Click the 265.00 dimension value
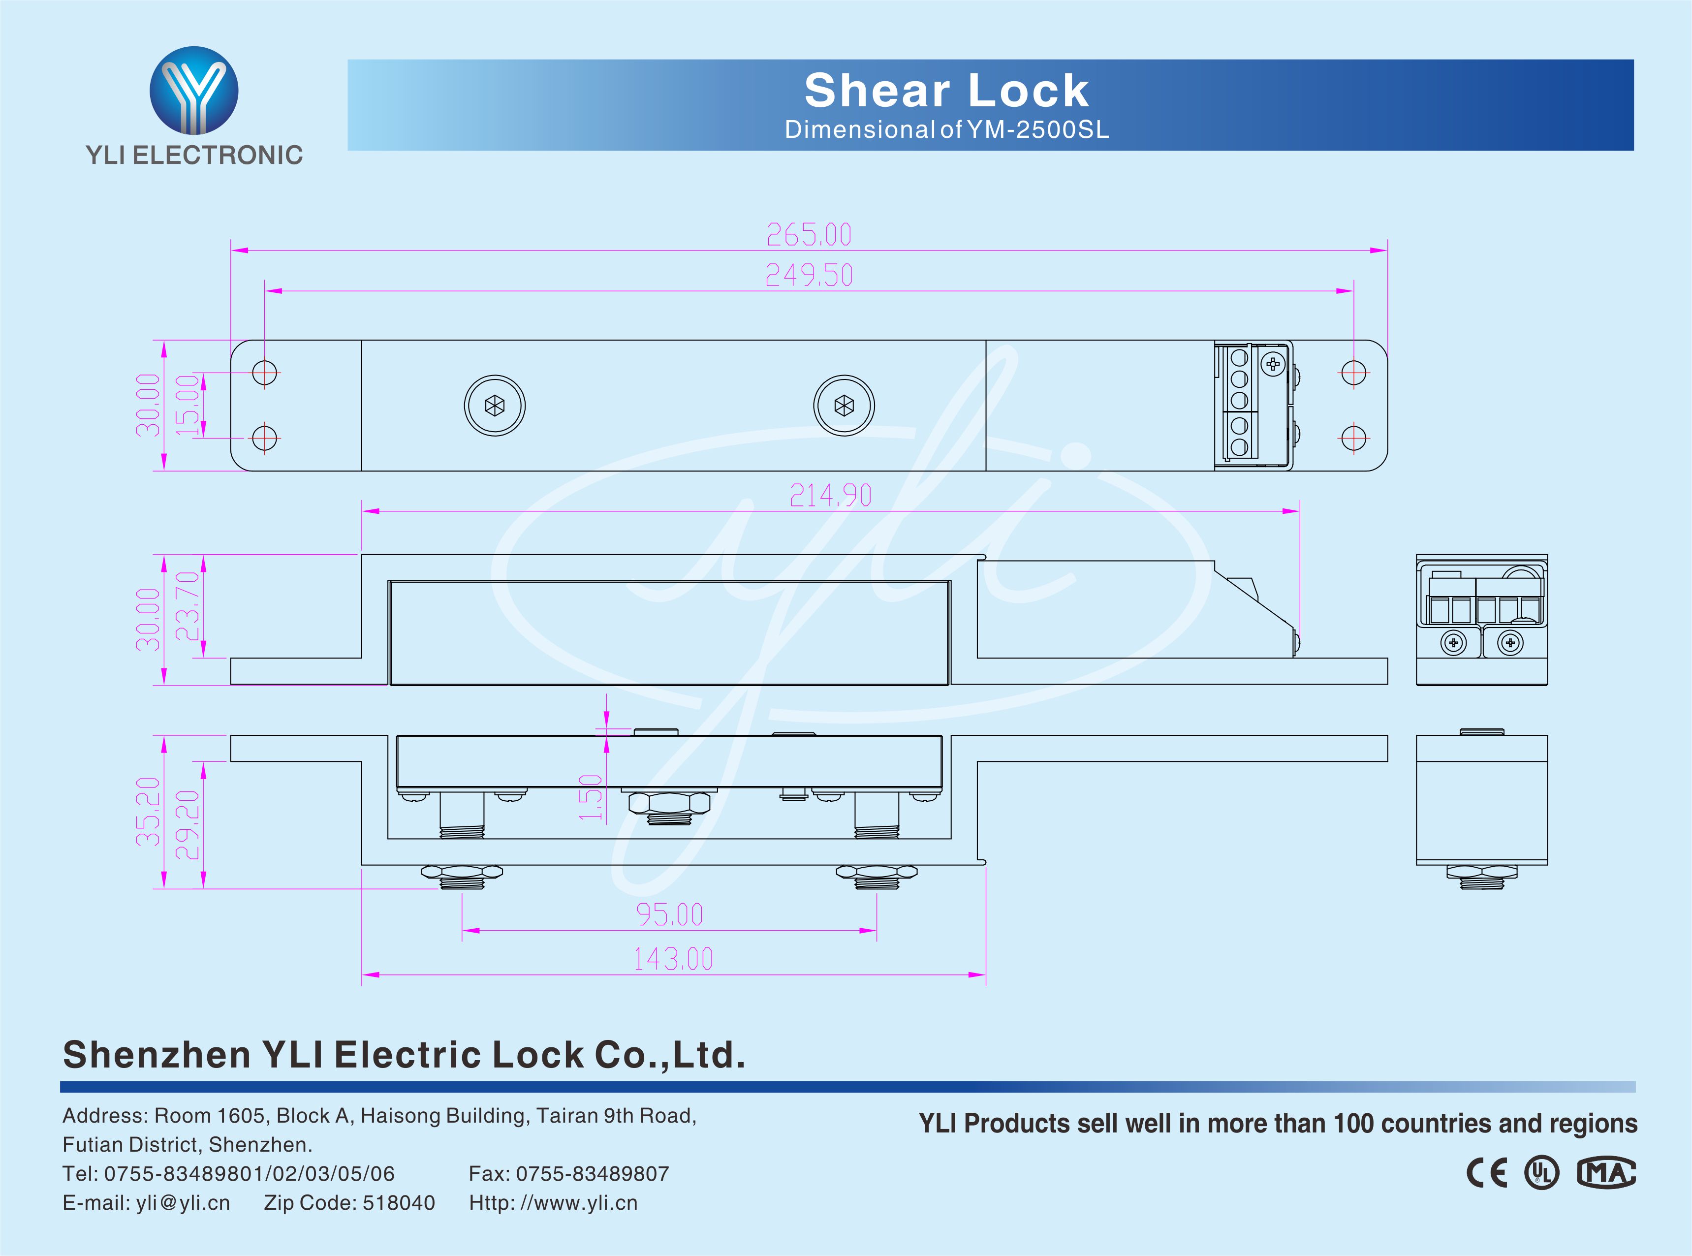click(809, 235)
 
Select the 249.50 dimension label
click(809, 275)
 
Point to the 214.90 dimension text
click(830, 496)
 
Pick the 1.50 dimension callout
click(591, 797)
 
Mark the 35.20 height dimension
click(148, 811)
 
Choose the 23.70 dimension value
click(188, 606)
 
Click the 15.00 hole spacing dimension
click(188, 405)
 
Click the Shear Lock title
click(946, 91)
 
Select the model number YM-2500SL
click(1038, 130)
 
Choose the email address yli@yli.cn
click(183, 1203)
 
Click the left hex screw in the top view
click(495, 406)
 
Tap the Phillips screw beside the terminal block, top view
click(1272, 364)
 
